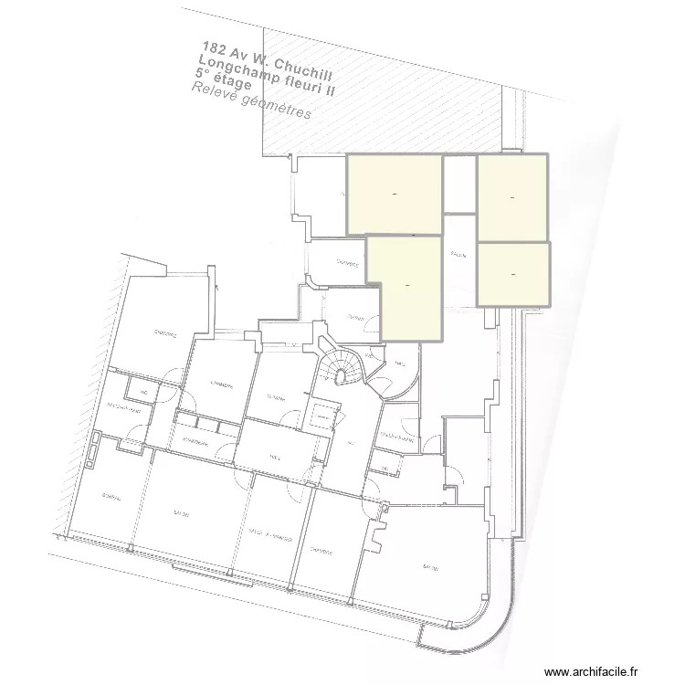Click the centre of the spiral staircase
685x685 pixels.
[344, 371]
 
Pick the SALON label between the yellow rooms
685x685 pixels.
[458, 256]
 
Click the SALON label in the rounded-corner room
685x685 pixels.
[430, 567]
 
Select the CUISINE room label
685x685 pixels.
[278, 396]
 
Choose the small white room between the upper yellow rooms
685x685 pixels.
[459, 184]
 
